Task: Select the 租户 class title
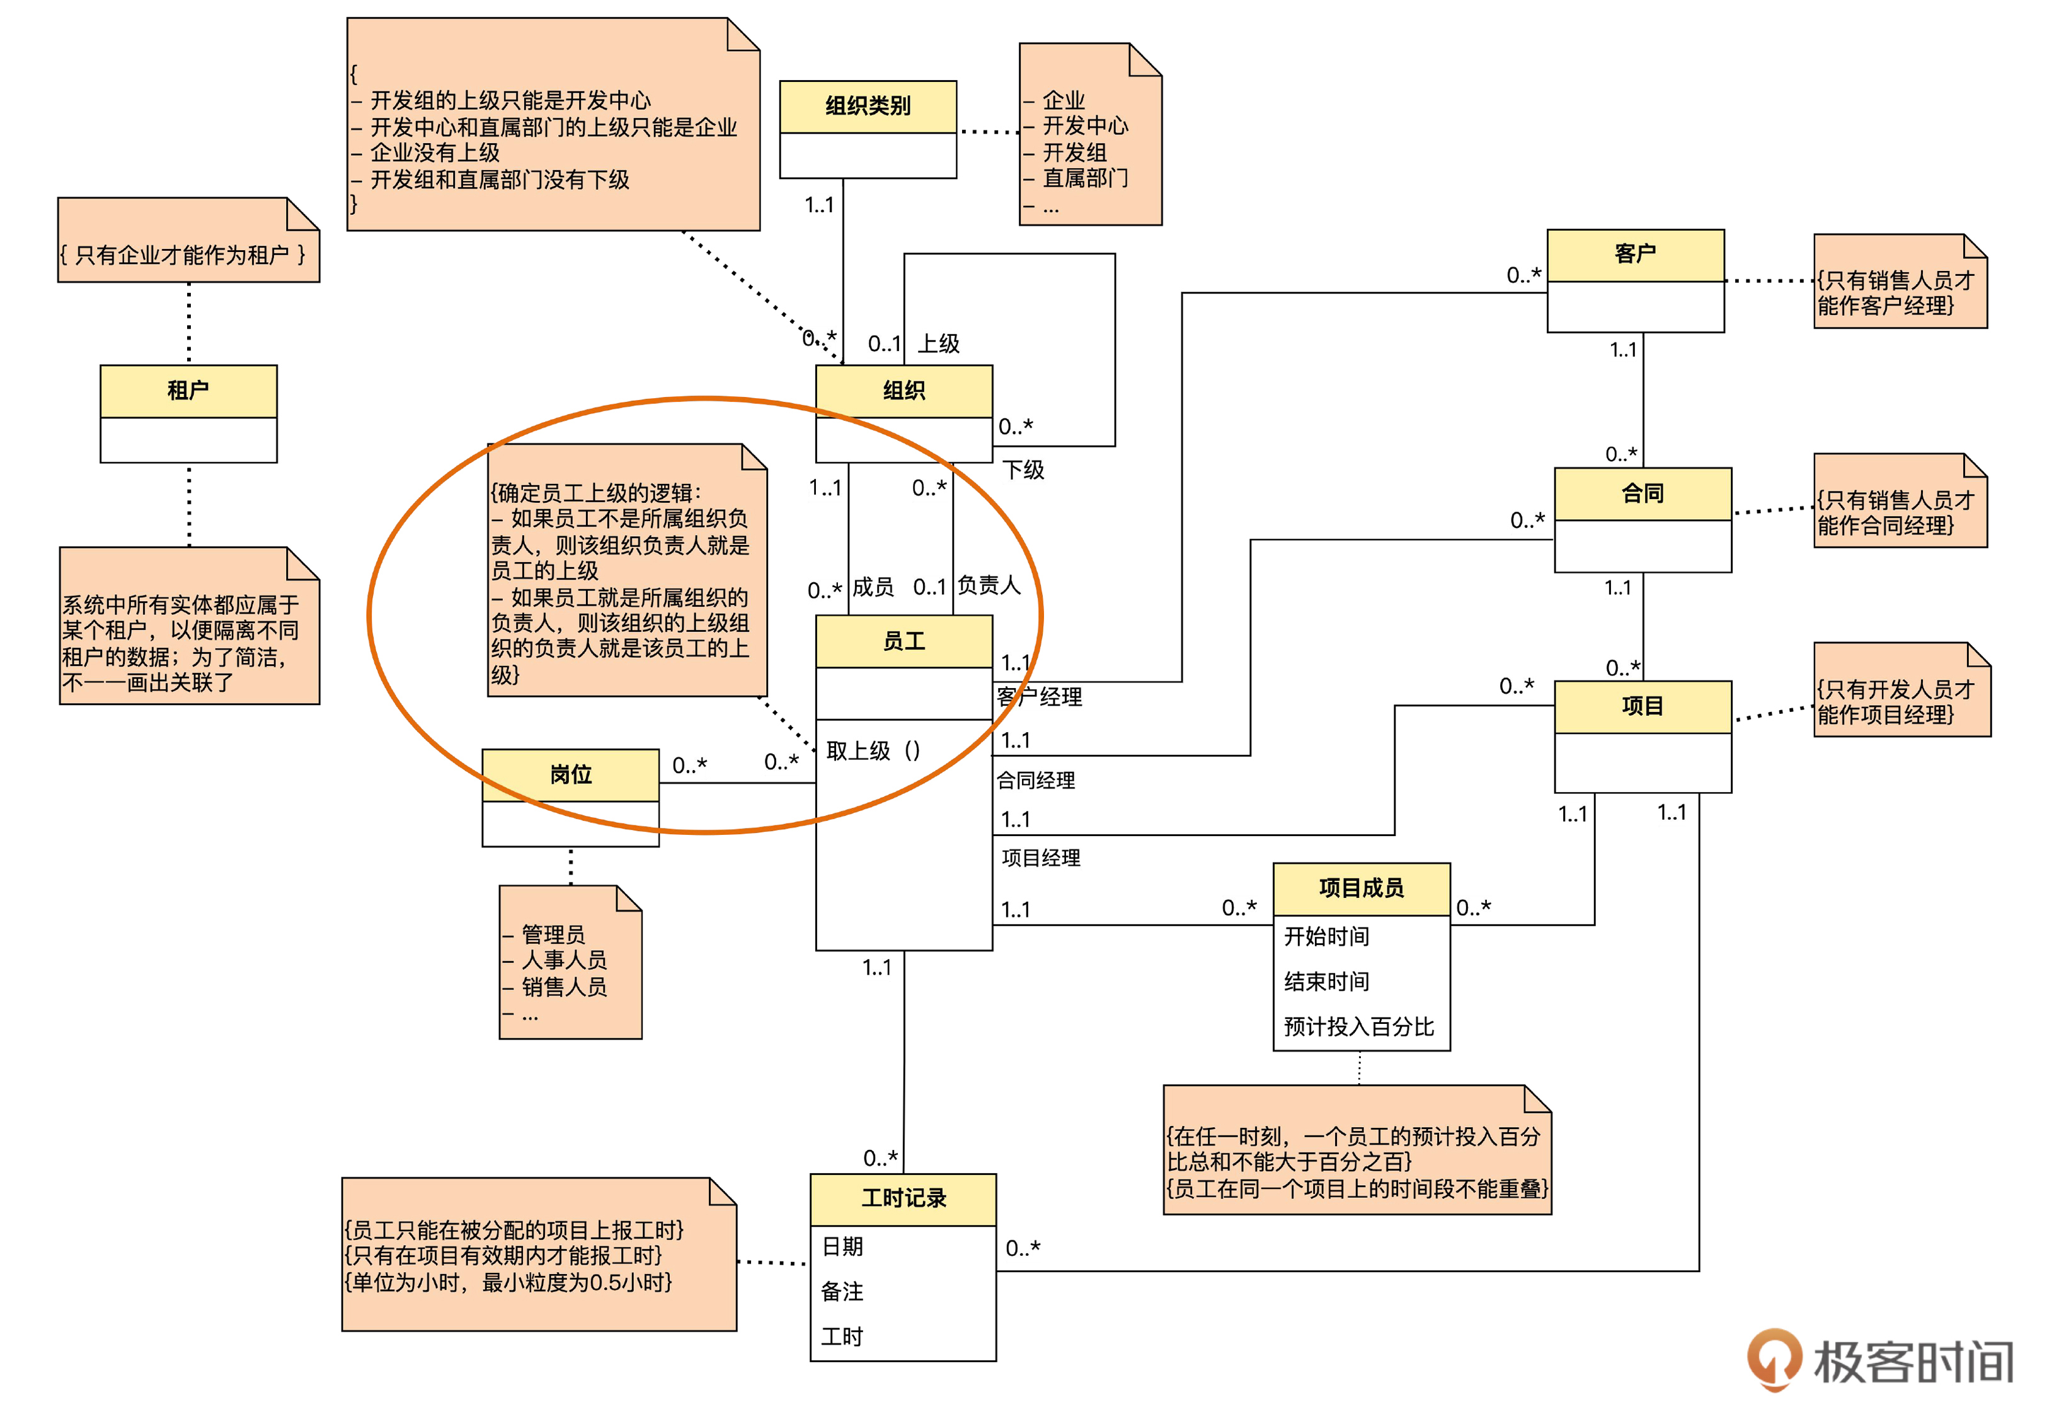click(x=188, y=390)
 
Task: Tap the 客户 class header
click(x=1634, y=255)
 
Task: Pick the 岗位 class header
click(x=570, y=774)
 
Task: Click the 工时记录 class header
click(x=903, y=1198)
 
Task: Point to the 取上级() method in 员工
click(x=873, y=750)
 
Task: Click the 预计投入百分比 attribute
click(x=1358, y=1027)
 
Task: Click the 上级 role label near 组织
click(x=939, y=343)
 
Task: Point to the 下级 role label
click(x=1023, y=469)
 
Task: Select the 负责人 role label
click(x=989, y=585)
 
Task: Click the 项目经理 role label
click(x=1040, y=858)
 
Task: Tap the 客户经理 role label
click(x=1040, y=697)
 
